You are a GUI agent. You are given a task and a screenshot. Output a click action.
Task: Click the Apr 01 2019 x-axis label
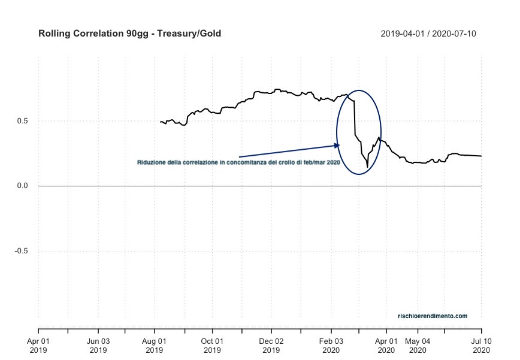(x=38, y=345)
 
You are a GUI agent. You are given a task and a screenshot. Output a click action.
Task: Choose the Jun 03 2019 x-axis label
(x=98, y=345)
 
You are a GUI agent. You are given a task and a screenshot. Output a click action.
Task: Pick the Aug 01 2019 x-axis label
(x=155, y=345)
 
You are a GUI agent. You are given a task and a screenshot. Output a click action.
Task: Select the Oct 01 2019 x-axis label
(x=212, y=345)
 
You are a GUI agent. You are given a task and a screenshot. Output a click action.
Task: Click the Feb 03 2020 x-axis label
(x=330, y=345)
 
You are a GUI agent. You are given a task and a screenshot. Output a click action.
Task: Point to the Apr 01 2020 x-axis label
(x=386, y=345)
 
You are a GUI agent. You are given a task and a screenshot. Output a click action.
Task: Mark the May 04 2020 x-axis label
(x=418, y=345)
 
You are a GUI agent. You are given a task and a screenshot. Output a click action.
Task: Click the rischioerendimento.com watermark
(x=432, y=316)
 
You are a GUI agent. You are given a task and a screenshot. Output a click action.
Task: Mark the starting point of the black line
(x=161, y=122)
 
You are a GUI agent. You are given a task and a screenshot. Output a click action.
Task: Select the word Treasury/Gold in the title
(x=194, y=34)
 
